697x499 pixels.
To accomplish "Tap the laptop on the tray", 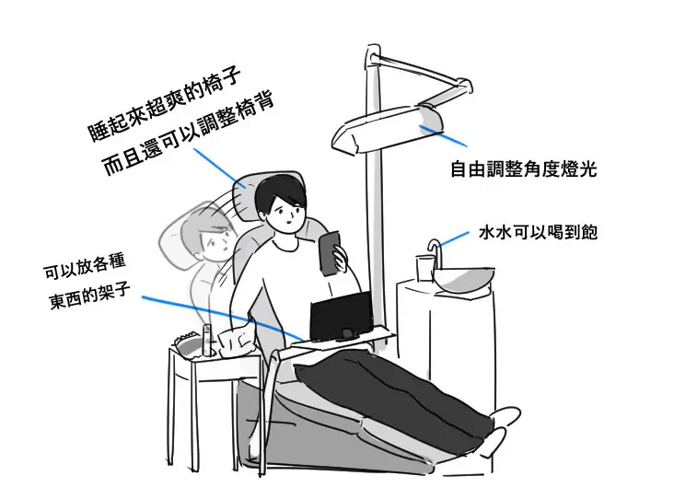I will (341, 316).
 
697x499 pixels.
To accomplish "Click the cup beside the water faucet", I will (424, 268).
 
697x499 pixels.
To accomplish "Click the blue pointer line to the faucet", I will (454, 238).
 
